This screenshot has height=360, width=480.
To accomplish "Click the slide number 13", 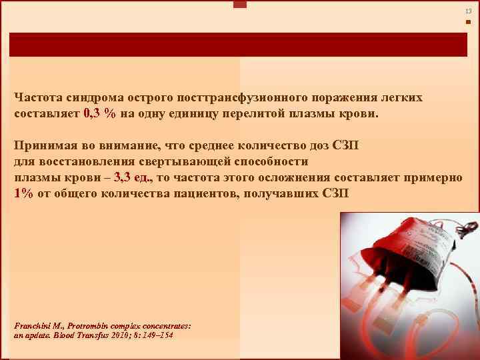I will click(468, 11).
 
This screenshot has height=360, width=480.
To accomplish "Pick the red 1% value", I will click(23, 193).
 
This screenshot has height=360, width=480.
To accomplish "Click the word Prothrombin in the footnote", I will click(91, 327).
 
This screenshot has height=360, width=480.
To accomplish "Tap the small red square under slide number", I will click(468, 22).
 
